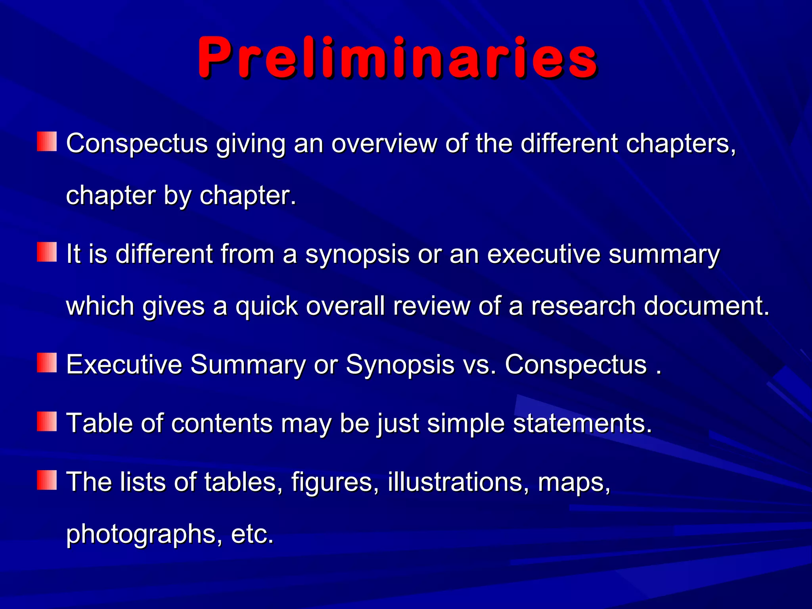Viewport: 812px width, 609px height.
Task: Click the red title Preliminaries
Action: tap(398, 57)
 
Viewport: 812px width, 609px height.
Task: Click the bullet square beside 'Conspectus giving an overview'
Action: tap(47, 142)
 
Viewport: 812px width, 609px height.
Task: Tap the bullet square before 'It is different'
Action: tap(47, 253)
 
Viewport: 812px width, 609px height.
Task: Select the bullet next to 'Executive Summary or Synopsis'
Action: tap(47, 363)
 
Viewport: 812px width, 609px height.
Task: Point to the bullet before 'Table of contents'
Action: tap(47, 422)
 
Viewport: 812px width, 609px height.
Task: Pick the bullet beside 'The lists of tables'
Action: tap(47, 481)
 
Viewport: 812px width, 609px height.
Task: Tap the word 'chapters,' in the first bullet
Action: tap(681, 143)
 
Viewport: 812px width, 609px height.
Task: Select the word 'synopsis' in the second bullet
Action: tap(357, 255)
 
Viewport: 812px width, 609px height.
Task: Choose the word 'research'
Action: tap(583, 306)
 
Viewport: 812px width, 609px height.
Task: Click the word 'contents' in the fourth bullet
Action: tap(222, 423)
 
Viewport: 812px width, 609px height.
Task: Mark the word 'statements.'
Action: tap(582, 423)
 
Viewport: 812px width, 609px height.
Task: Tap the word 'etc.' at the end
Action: tap(252, 534)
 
